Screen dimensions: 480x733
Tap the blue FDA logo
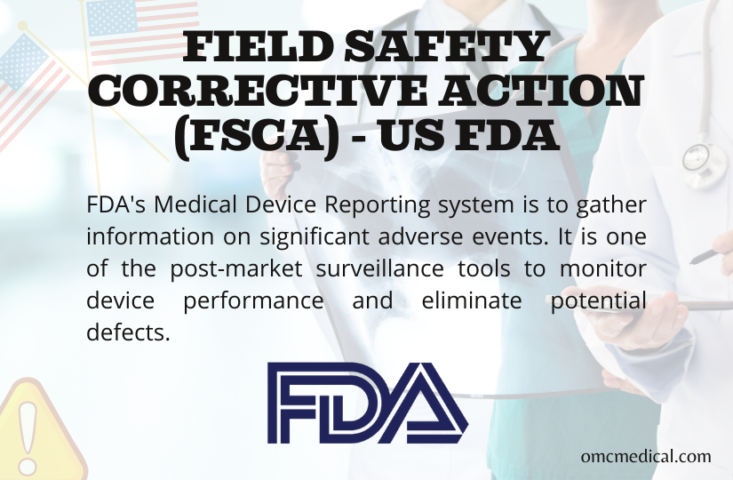click(367, 404)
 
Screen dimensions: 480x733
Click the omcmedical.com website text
click(645, 456)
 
